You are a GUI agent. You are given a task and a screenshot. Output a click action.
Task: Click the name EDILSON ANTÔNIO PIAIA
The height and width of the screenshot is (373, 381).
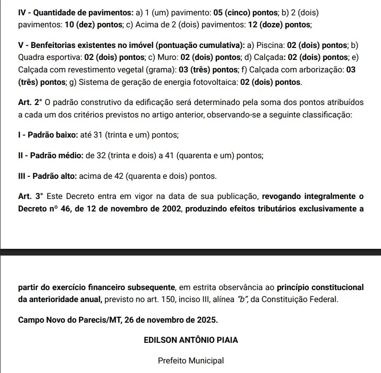coord(191,340)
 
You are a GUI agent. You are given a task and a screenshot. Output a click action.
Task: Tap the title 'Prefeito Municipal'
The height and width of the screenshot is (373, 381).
coord(191,361)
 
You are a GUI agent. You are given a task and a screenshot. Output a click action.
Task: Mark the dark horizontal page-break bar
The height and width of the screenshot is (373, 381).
coord(191,252)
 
